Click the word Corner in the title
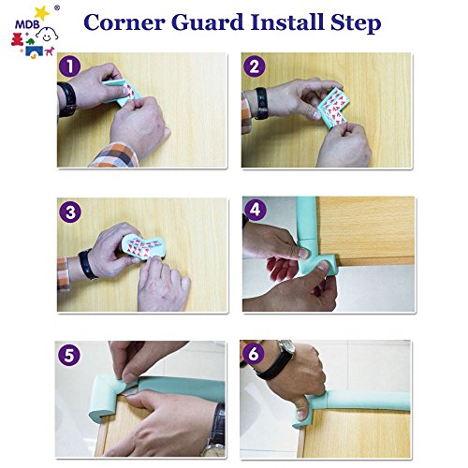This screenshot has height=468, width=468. (124, 22)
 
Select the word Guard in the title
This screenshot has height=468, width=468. (208, 22)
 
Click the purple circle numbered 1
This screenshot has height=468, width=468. (69, 66)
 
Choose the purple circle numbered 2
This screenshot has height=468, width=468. (255, 66)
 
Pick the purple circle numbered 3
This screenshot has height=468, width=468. (70, 212)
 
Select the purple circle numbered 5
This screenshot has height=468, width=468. (68, 355)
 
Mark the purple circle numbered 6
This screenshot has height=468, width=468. (253, 354)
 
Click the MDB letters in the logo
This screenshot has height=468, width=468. (27, 25)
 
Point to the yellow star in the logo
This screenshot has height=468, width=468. (42, 13)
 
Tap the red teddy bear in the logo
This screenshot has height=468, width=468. (17, 39)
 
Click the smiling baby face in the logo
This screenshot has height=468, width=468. (48, 35)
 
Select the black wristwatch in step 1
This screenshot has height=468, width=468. (67, 99)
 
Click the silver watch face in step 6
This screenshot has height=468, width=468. (286, 346)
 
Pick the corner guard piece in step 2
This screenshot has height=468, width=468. (331, 107)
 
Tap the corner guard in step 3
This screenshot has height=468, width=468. (144, 247)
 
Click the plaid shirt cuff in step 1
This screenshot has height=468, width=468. (115, 155)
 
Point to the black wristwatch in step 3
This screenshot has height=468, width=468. (87, 264)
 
